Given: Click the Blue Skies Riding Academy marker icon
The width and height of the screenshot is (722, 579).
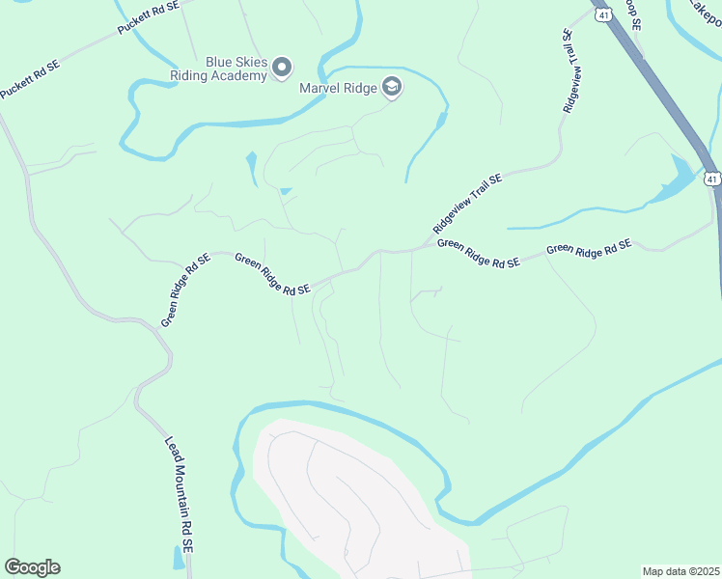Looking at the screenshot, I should [282, 67].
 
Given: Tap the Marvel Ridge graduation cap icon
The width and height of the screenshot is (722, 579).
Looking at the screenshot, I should [391, 88].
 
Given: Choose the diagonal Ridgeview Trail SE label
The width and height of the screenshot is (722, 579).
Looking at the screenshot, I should [468, 204].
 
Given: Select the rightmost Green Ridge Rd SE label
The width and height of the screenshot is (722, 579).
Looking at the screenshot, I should [589, 249].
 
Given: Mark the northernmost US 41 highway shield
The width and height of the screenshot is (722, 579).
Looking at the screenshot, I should [602, 16].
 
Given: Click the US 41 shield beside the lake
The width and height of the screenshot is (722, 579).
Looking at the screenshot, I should [711, 179].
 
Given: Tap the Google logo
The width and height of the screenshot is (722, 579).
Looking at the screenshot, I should [32, 567].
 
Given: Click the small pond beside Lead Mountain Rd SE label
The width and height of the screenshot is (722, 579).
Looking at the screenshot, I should [178, 557].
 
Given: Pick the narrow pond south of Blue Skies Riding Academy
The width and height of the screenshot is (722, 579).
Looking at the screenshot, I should [252, 167].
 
